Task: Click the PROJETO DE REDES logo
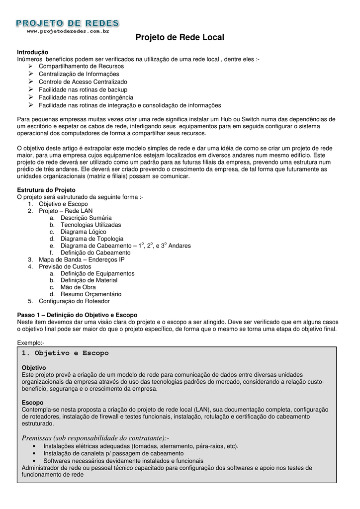coord(67,23)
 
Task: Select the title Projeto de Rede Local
coord(180,38)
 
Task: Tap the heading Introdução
coord(33,52)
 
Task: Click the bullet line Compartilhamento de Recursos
coord(82,66)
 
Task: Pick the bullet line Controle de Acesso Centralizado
coord(83,82)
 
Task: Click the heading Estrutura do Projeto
coord(46,190)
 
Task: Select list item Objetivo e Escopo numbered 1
coord(63,204)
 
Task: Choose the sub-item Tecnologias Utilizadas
coord(90,225)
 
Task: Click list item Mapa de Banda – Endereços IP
coord(82,259)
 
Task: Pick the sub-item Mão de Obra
coord(78,287)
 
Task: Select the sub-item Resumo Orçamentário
coord(90,294)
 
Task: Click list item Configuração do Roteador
coord(74,301)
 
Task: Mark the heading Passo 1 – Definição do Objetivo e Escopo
coord(77,315)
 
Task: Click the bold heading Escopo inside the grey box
coord(33,402)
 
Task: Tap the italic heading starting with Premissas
coord(95,438)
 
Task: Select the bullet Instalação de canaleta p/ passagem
coord(113,453)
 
